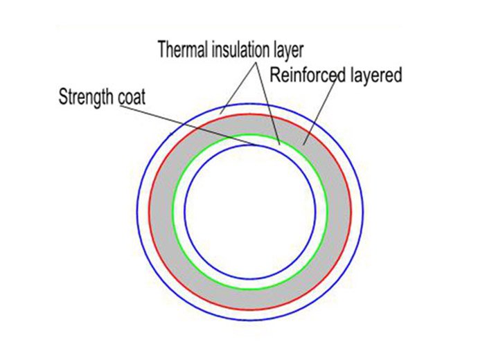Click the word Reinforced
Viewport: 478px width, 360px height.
point(302,75)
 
